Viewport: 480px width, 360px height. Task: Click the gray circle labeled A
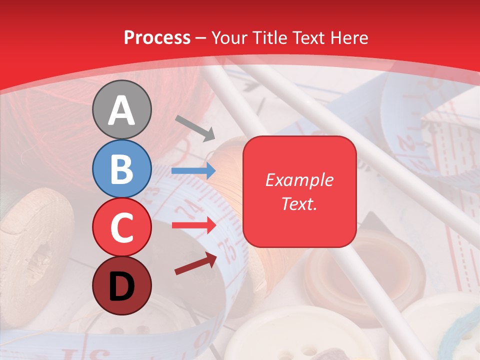pos(122,109)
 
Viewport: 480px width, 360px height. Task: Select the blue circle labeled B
pos(122,168)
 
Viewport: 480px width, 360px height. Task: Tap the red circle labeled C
pos(122,227)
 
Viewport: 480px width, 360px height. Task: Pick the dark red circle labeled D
pos(122,285)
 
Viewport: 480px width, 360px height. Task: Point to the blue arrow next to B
pos(193,171)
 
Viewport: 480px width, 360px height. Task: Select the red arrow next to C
pos(193,225)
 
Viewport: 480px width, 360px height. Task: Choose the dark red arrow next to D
pos(195,263)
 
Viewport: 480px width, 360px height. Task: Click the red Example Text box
pos(299,191)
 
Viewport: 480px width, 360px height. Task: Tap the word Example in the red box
pos(299,180)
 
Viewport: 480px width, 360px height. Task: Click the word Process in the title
pos(157,37)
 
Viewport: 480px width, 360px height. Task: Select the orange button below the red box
pos(350,270)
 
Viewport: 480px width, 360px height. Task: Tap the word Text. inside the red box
pos(299,204)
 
